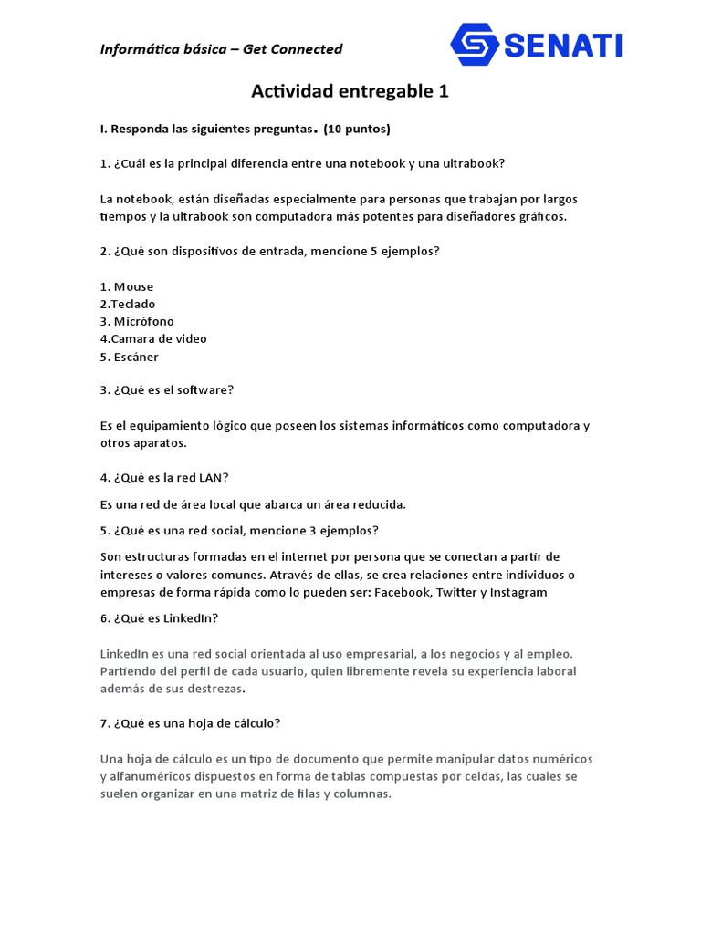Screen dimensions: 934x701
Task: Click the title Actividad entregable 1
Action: (x=350, y=91)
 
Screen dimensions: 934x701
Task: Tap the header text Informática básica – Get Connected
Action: (x=221, y=49)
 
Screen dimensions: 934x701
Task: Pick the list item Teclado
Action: (x=132, y=304)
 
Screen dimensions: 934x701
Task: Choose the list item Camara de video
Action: (x=159, y=338)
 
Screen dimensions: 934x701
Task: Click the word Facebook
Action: (x=402, y=592)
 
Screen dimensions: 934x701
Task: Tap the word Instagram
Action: (x=518, y=592)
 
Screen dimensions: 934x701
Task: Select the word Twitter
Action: (x=456, y=592)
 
